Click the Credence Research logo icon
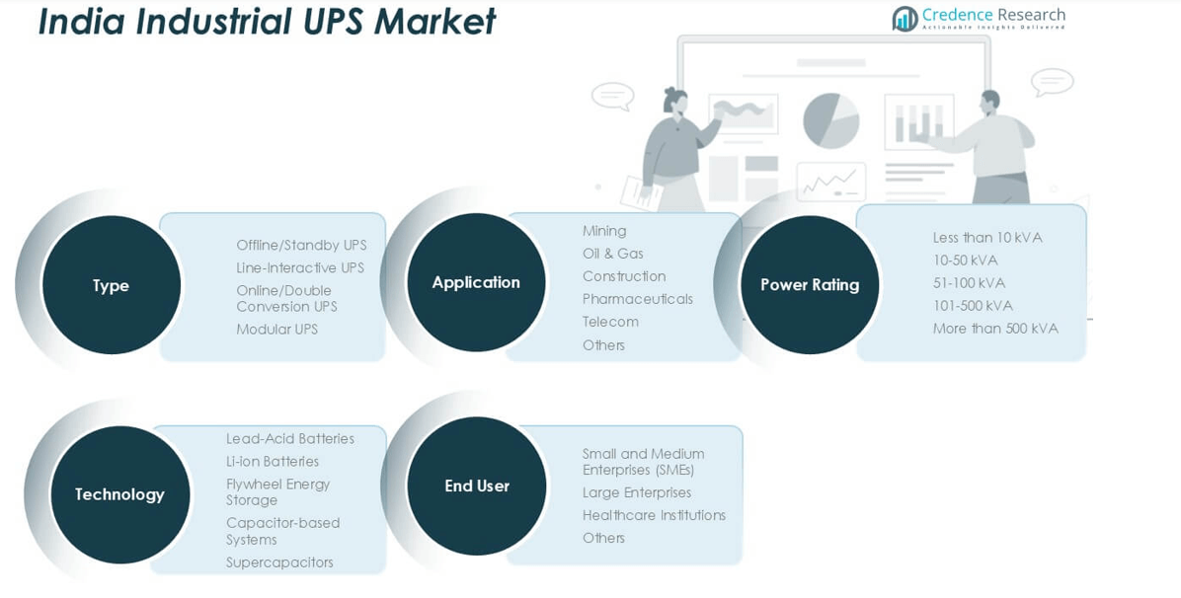tap(905, 18)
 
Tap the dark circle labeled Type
tap(112, 285)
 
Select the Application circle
tap(476, 282)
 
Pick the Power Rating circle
tap(810, 284)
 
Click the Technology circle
tap(119, 494)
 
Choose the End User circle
tap(477, 486)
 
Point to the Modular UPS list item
tap(276, 330)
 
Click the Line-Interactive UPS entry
tap(300, 268)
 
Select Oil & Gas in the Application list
tap(612, 254)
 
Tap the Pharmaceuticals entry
tap(637, 299)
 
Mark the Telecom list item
tap(610, 322)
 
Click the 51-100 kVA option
tap(969, 283)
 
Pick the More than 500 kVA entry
tap(995, 329)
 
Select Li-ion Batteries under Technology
tap(273, 462)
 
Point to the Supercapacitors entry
tap(279, 562)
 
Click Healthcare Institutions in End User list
tap(654, 515)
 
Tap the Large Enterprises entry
tap(637, 492)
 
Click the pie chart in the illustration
tap(830, 120)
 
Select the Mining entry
tap(604, 231)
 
